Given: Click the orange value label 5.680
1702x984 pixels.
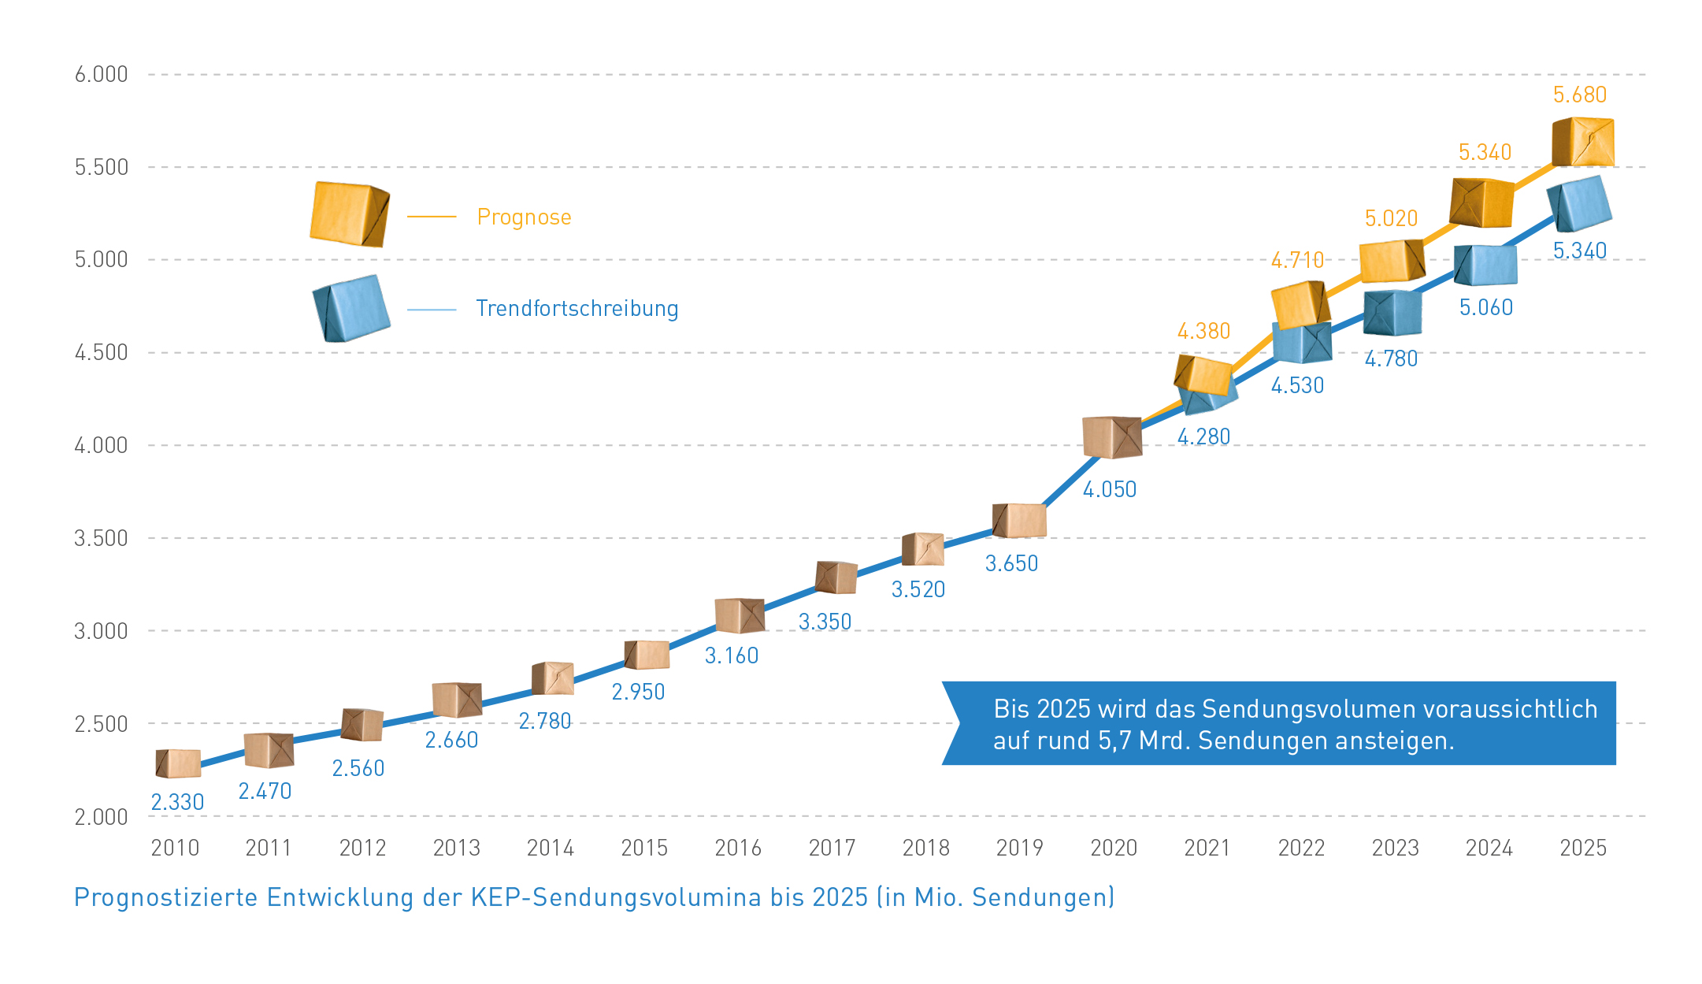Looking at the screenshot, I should click(1579, 95).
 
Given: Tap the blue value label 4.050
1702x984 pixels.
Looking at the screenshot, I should click(1110, 490).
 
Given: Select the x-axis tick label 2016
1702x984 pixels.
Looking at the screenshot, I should click(738, 848).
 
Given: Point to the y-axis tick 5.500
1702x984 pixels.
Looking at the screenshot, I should click(101, 168).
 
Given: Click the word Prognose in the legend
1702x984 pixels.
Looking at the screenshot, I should click(524, 217).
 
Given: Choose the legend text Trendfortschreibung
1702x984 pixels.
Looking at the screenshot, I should click(577, 309).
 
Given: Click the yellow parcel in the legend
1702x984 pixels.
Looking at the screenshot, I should click(349, 214).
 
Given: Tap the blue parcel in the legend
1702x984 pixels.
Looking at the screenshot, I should click(351, 308).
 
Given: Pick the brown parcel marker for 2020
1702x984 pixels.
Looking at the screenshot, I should click(1111, 437).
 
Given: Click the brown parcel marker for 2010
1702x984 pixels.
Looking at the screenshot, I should click(177, 763).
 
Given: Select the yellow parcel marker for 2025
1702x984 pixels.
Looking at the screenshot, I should click(1583, 142).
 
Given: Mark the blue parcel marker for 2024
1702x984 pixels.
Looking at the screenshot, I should click(1485, 265).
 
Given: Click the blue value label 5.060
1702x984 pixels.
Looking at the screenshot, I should click(1485, 308).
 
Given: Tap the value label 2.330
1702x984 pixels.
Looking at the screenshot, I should click(177, 803).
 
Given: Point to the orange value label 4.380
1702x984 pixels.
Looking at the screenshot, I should click(1203, 332).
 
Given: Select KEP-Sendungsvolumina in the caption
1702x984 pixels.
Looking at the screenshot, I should click(616, 898).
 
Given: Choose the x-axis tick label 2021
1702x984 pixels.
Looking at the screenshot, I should click(1207, 848).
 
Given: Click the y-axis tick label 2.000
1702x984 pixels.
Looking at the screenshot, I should click(101, 818).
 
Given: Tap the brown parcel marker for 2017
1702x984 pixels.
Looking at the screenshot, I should click(836, 577).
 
